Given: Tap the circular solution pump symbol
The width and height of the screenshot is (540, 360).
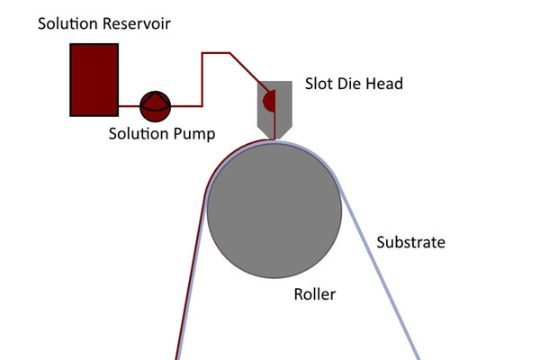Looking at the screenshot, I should click(x=155, y=106).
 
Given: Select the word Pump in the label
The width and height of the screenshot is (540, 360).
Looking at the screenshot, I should click(x=193, y=133).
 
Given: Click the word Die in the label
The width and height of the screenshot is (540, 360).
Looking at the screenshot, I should click(x=351, y=84).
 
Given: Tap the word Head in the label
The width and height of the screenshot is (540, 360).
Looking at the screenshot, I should click(x=384, y=84).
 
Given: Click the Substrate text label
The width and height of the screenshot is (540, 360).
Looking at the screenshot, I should click(x=410, y=242).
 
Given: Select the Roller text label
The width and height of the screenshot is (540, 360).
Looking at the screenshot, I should click(x=314, y=294).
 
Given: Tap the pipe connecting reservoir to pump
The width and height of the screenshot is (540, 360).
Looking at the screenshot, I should click(x=128, y=106).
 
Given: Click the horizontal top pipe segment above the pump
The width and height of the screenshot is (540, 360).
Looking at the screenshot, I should click(x=216, y=53).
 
